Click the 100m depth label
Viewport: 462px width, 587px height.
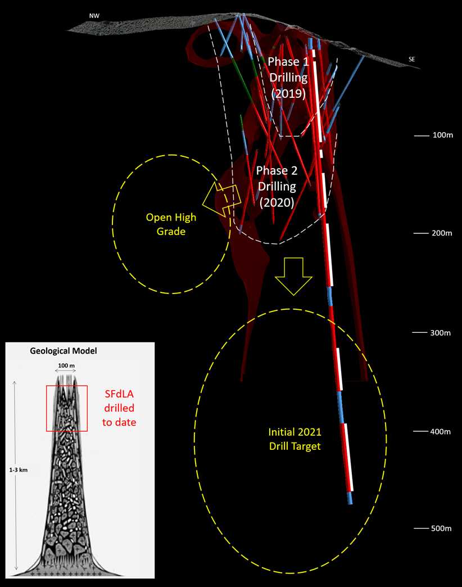pos(442,136)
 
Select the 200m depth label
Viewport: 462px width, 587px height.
pos(442,233)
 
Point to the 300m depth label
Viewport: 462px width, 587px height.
pos(442,333)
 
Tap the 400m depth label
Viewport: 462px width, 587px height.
pos(442,431)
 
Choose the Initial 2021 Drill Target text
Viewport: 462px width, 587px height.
pos(297,439)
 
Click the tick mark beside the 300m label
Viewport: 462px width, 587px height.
pos(420,333)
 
